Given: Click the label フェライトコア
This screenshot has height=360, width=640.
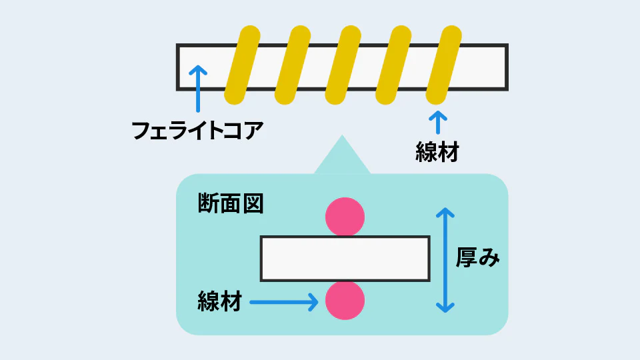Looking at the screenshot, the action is click(x=197, y=130).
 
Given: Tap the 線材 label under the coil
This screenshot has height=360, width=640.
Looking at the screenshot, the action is click(x=437, y=152).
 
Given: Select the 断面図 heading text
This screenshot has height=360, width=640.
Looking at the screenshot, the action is click(x=231, y=203).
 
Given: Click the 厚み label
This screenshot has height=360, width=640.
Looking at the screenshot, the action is click(x=477, y=257).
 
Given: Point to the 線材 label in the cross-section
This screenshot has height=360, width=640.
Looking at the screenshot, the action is click(x=219, y=301).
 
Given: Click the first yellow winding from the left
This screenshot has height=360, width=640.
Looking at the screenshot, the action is click(x=242, y=65).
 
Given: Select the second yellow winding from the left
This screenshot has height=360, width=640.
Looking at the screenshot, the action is click(x=293, y=65).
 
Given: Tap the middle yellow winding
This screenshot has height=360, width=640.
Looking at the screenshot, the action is click(x=343, y=65).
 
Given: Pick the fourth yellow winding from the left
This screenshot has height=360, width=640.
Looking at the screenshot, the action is click(x=393, y=65).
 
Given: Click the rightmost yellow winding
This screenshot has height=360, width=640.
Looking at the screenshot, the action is click(x=444, y=65).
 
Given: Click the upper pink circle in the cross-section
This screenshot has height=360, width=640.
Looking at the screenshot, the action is click(x=345, y=217).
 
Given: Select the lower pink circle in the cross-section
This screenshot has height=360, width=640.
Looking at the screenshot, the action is click(x=345, y=301).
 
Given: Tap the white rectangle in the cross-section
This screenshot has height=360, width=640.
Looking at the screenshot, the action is click(x=345, y=259).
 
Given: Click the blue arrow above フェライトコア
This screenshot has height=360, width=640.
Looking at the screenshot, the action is click(x=198, y=89).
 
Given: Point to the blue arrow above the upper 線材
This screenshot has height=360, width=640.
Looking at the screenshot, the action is click(x=438, y=122).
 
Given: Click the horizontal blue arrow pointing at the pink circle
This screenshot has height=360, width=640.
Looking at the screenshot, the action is click(x=284, y=303).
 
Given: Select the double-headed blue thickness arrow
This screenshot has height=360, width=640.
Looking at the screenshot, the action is click(x=445, y=261).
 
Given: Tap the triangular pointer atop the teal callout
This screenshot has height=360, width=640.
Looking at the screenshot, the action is click(x=342, y=155).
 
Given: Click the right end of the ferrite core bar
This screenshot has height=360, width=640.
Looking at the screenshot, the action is click(x=507, y=67).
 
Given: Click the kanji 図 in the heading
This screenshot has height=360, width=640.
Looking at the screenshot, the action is click(x=253, y=203).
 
